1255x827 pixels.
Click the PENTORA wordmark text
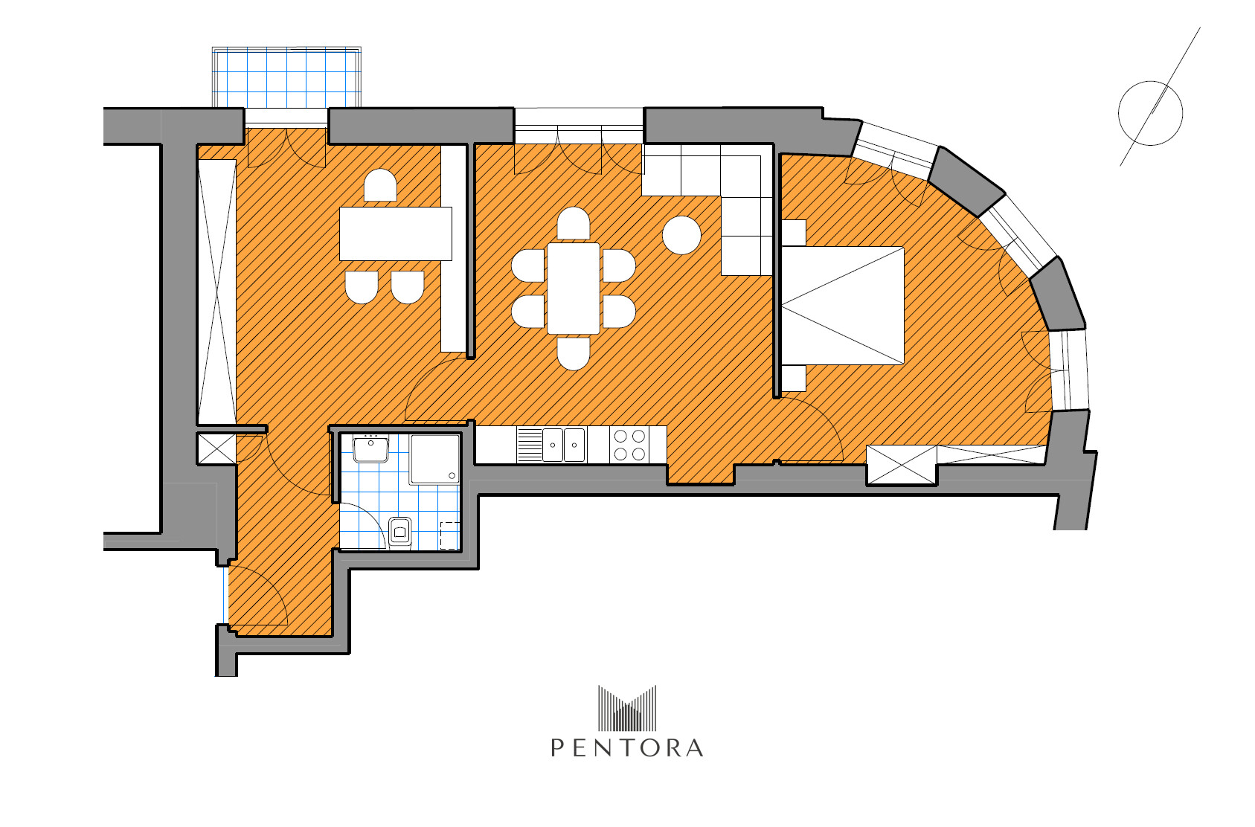pos(627,748)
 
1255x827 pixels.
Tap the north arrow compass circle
pos(1151,83)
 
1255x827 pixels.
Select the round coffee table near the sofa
pos(681,235)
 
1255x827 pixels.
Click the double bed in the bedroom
pos(842,306)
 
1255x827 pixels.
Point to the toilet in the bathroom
pos(400,532)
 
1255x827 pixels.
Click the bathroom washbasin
pos(371,449)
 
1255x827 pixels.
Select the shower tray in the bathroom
pos(434,459)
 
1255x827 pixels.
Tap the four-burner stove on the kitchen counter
pos(629,445)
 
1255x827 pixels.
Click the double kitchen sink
pos(564,445)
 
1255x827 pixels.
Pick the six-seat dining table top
pos(573,289)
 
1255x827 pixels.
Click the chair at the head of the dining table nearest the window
pos(573,223)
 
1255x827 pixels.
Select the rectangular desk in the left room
pos(396,234)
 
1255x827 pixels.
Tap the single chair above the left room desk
pos(380,185)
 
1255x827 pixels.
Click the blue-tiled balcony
pos(286,77)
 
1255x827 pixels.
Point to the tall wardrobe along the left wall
pos(216,292)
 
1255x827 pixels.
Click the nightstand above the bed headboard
pos(793,233)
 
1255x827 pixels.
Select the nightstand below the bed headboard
pos(793,379)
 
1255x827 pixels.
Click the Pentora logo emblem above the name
pos(627,708)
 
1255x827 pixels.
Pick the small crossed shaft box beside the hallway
pos(216,449)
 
